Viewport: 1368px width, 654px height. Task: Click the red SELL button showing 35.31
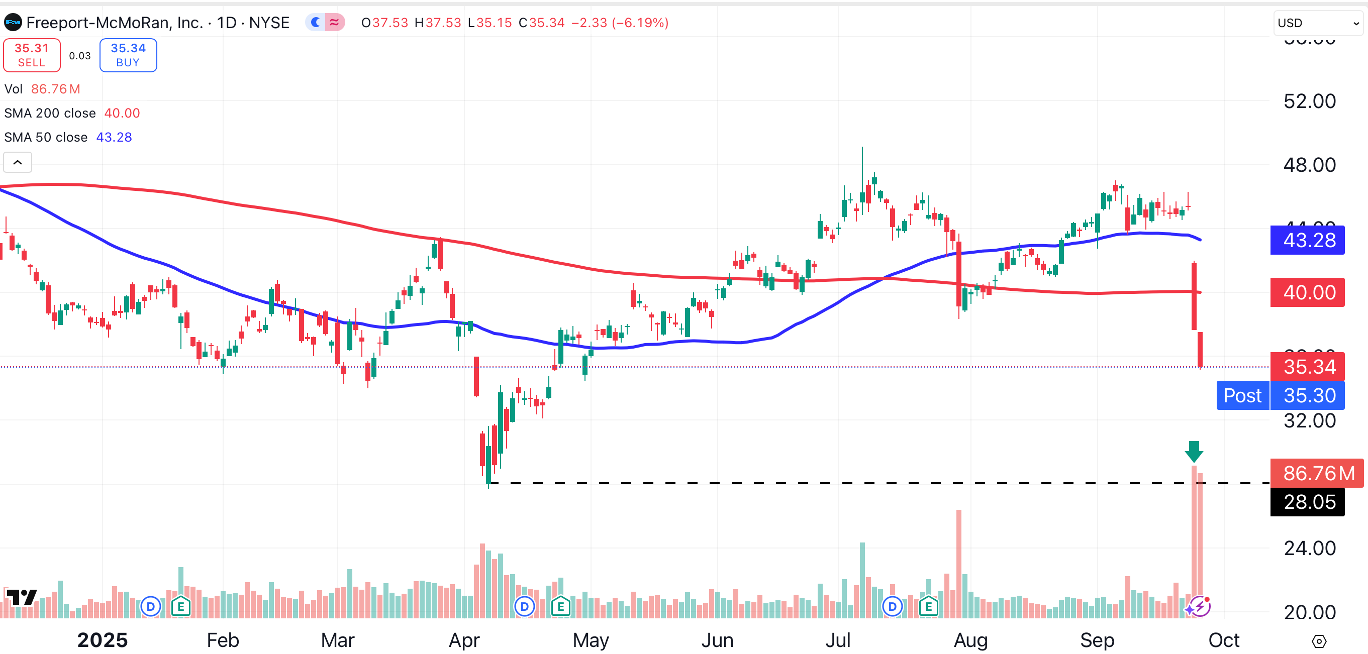click(32, 55)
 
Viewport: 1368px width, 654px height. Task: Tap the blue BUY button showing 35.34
click(128, 55)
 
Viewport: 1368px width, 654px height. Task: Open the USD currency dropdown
click(1318, 23)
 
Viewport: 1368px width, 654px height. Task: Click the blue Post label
click(1242, 395)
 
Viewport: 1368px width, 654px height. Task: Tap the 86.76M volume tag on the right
click(1317, 473)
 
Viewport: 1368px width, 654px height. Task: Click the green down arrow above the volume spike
click(1194, 451)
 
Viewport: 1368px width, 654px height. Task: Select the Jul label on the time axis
click(838, 640)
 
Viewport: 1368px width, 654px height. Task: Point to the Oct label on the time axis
click(1224, 640)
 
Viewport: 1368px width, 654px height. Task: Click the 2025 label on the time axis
click(103, 640)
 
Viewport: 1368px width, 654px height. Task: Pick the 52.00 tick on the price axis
click(1309, 101)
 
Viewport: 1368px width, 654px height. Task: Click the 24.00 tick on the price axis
click(1309, 549)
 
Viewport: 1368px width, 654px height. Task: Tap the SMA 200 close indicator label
click(50, 113)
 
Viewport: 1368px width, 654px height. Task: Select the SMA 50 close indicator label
click(46, 138)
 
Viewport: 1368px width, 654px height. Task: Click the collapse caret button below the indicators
click(18, 162)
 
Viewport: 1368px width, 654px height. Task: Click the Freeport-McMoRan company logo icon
click(13, 23)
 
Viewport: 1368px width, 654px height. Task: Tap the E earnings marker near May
click(560, 606)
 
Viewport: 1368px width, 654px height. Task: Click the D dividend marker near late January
click(151, 606)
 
